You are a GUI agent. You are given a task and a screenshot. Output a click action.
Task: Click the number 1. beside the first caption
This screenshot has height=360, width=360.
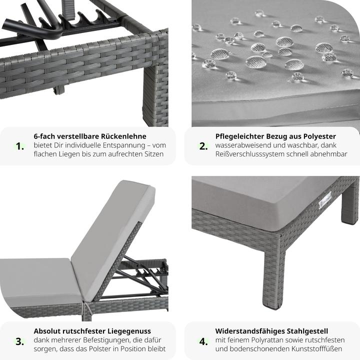click(x=20, y=146)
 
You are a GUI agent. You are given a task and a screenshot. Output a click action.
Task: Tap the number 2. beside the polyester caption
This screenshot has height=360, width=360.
click(x=203, y=146)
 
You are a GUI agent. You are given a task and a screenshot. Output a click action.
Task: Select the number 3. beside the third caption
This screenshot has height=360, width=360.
click(x=20, y=341)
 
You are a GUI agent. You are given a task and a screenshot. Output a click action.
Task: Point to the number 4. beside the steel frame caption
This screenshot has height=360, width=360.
click(x=203, y=341)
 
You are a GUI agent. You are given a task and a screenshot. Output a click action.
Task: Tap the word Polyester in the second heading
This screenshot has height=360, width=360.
click(x=319, y=136)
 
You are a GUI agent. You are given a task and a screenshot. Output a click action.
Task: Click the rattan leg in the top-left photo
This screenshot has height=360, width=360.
click(x=155, y=94)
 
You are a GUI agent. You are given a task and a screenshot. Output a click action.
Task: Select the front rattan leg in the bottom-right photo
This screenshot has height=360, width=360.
click(x=274, y=271)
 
